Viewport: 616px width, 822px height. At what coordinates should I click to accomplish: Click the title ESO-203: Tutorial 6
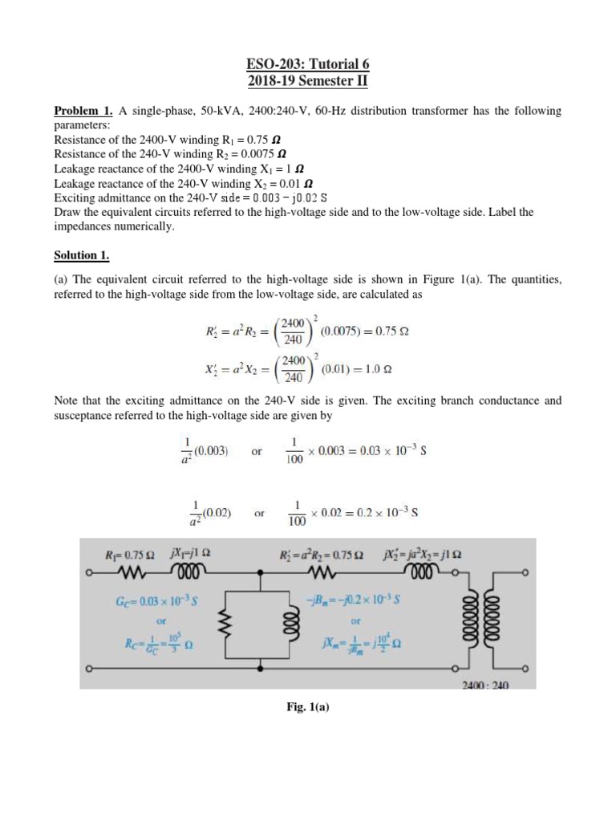pyautogui.click(x=307, y=64)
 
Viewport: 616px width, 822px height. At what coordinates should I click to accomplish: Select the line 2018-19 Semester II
pyautogui.click(x=307, y=81)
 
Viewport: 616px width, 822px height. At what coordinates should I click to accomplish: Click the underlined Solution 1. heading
pyautogui.click(x=81, y=256)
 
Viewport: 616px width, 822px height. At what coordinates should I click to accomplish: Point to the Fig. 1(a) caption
pyautogui.click(x=307, y=711)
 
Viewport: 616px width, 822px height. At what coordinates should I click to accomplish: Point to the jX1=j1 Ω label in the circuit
pyautogui.click(x=191, y=553)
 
